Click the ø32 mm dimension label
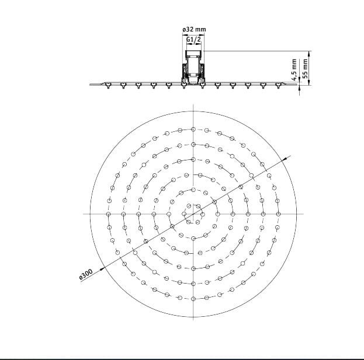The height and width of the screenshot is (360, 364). [x=194, y=29]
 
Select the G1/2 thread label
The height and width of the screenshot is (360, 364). [x=193, y=40]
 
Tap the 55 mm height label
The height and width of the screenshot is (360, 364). [x=305, y=68]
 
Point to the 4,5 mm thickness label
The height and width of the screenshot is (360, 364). [x=294, y=69]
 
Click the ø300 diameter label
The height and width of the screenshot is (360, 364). [x=86, y=275]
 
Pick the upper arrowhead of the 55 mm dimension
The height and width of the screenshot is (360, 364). [x=308, y=54]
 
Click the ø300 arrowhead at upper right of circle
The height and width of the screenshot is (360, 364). [x=284, y=159]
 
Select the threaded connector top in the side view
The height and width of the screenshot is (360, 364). [x=193, y=53]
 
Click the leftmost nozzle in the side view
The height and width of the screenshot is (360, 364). [x=108, y=86]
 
